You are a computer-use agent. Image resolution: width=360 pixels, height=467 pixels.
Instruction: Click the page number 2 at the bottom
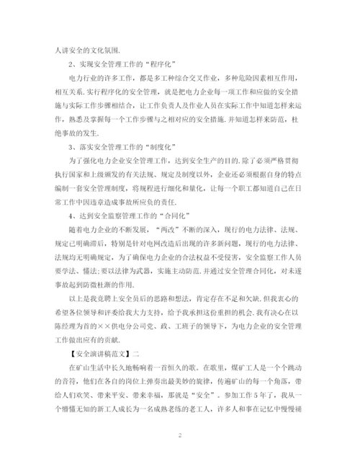pos(180,436)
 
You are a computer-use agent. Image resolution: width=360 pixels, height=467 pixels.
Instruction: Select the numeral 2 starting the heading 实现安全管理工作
pos(72,63)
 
